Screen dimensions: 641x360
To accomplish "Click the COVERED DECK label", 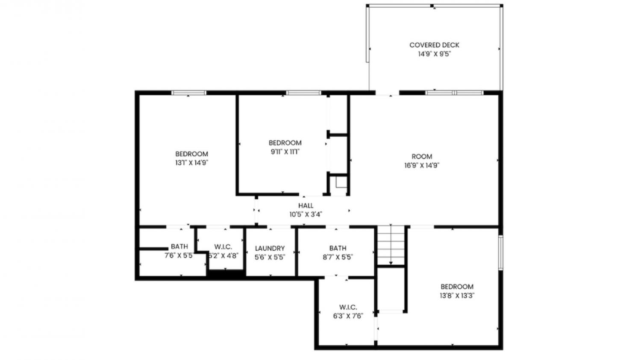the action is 434,45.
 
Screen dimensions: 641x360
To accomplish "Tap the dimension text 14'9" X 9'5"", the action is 435,54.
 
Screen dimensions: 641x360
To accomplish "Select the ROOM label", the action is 422,157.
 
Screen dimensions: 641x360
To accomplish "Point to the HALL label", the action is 306,205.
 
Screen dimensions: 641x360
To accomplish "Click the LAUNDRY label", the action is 270,249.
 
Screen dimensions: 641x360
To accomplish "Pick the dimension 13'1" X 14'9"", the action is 191,163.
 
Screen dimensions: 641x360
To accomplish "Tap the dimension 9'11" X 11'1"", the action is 285,152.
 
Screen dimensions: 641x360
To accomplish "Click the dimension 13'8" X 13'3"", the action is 457,296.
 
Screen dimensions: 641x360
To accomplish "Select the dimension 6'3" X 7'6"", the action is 348,316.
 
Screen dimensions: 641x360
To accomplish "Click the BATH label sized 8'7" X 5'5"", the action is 338,248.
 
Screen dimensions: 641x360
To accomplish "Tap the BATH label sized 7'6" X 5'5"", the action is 179,246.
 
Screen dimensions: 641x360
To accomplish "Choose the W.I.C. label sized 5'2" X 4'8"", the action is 223,247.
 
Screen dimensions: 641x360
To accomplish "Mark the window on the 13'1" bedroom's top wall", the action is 188,93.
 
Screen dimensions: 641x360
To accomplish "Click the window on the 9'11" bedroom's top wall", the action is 303,93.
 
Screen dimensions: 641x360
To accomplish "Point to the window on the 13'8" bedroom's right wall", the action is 501,252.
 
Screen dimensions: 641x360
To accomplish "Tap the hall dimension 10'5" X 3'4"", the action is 306,214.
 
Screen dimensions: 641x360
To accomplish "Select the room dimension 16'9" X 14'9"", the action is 422,166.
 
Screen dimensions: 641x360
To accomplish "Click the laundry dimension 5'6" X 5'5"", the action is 270,258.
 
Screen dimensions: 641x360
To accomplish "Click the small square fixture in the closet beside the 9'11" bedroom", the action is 341,182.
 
